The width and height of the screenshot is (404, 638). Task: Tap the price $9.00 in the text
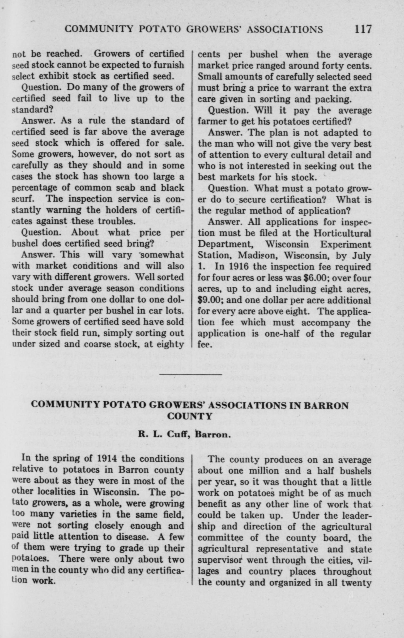(210, 300)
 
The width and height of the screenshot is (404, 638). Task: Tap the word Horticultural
(342, 233)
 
